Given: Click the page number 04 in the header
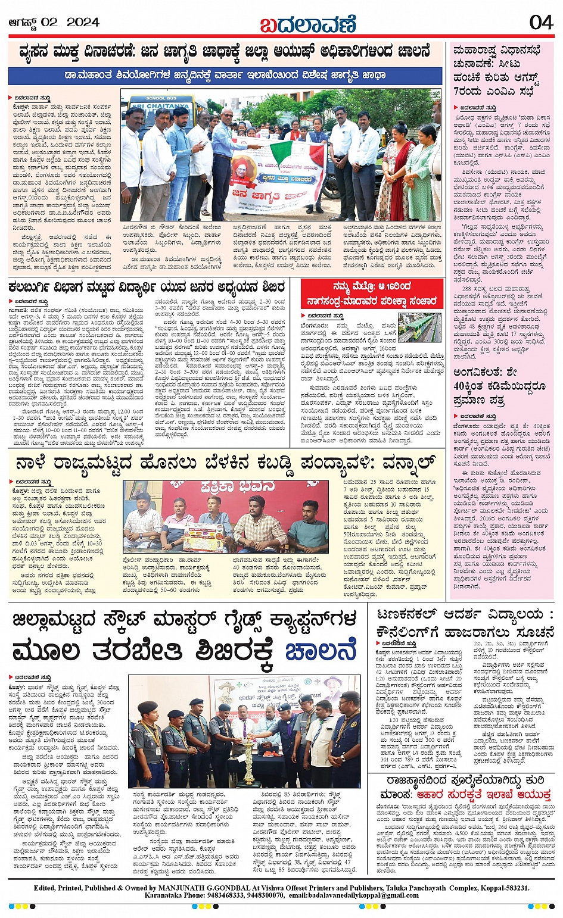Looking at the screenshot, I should [541, 23].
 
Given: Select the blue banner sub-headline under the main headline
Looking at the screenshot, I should [225, 76].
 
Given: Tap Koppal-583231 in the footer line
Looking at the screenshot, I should [500, 888].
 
